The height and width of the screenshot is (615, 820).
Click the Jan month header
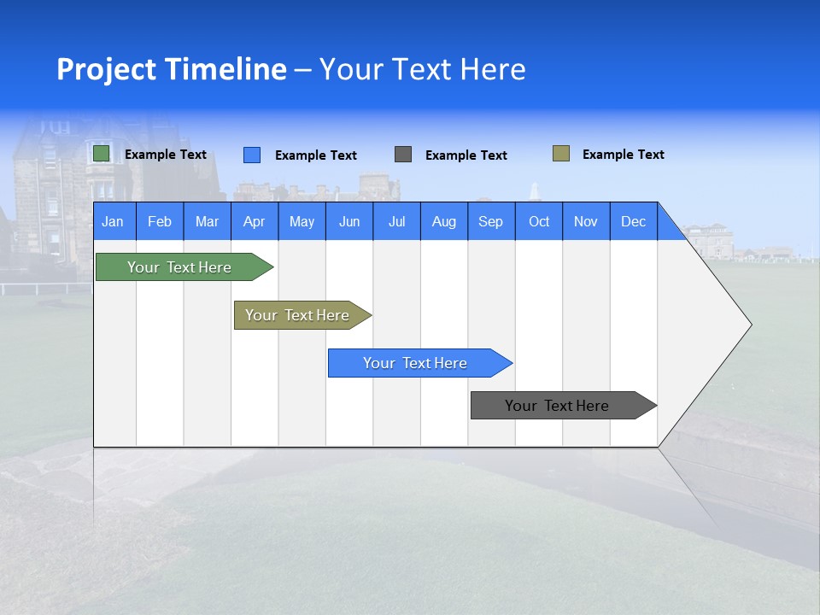click(113, 221)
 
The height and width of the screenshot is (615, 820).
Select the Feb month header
click(160, 221)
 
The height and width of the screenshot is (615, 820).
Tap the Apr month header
click(254, 221)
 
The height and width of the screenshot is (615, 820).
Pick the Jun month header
click(349, 221)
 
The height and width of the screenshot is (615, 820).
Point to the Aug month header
click(443, 221)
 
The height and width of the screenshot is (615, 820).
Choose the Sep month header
click(490, 221)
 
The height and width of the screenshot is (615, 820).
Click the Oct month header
click(539, 221)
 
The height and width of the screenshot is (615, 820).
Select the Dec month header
click(633, 221)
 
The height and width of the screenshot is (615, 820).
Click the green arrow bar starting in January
click(179, 267)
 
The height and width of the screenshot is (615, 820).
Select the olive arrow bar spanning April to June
click(297, 315)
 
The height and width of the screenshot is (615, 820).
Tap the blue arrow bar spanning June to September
click(415, 363)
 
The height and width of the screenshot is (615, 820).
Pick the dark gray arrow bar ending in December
click(557, 406)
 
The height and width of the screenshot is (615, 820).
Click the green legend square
click(102, 154)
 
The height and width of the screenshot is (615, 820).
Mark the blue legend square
click(252, 155)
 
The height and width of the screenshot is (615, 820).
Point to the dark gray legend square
click(403, 155)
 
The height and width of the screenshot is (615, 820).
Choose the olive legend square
click(561, 154)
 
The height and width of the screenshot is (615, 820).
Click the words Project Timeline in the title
click(172, 69)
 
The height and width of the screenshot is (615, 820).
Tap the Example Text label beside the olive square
click(623, 155)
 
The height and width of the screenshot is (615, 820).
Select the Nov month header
click(586, 221)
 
